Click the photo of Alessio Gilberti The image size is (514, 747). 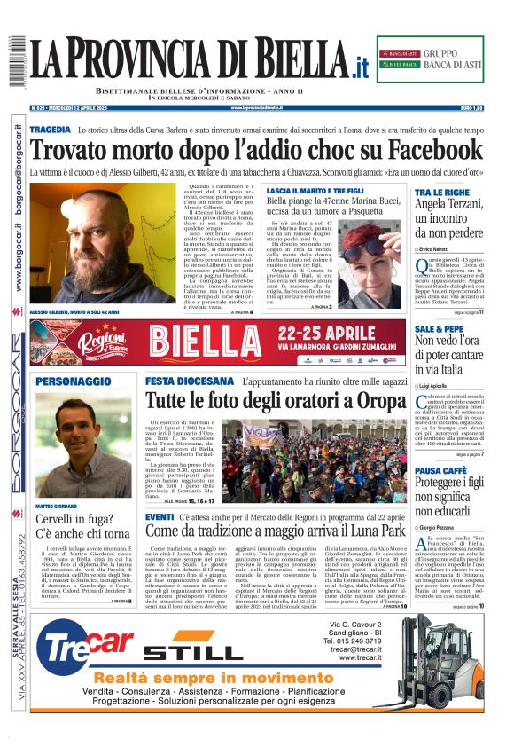click(98, 244)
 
